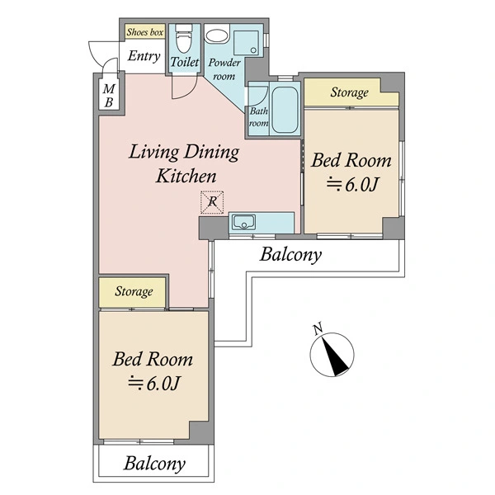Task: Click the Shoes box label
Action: coord(145,32)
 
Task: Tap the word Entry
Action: coord(144,56)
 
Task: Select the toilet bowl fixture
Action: coord(184,39)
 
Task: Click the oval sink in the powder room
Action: coord(216,36)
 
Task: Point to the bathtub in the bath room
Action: coord(285,110)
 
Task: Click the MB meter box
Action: coord(109,96)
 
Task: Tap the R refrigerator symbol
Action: coord(212,202)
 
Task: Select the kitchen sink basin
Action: coord(243,222)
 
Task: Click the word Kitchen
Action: coord(186,177)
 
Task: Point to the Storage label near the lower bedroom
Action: coord(134,291)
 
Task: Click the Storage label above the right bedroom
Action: coord(350,92)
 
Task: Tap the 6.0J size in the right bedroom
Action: coord(352,185)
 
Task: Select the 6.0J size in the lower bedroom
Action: coord(153,384)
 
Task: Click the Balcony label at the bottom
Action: coord(154,464)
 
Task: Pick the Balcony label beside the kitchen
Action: coord(290,254)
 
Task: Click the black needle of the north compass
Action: coord(334,355)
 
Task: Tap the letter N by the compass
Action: coord(318,328)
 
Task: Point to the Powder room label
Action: coord(224,69)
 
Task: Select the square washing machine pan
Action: coord(246,43)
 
